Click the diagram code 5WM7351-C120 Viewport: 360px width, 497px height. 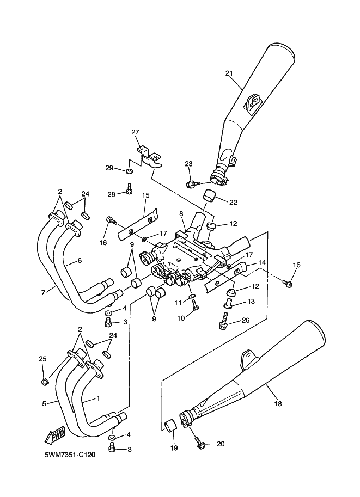pos(70,455)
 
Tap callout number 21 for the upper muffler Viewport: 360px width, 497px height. pos(229,73)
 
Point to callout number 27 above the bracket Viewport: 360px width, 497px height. pos(136,132)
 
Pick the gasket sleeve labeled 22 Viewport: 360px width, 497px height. pos(209,195)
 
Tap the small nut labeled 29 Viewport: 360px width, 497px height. pos(129,171)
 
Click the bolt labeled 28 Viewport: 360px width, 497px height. pos(130,189)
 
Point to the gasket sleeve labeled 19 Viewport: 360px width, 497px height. pos(170,425)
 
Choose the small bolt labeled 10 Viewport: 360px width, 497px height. pos(195,305)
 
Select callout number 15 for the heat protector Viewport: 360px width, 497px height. pos(145,195)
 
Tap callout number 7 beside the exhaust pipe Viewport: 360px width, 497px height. pos(44,292)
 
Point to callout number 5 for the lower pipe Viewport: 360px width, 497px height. pos(44,403)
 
